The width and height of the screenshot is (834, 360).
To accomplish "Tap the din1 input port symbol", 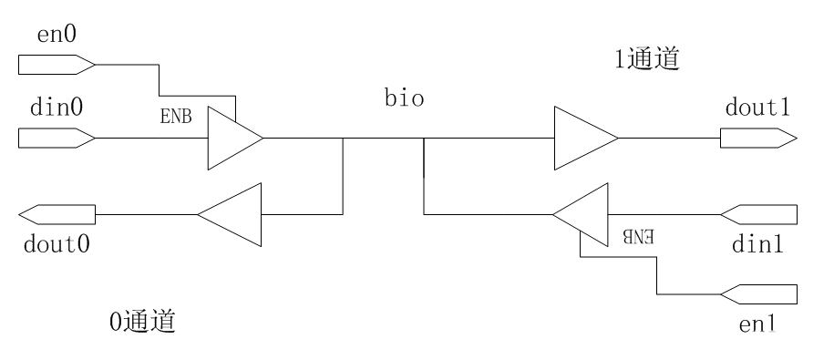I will point(758,215).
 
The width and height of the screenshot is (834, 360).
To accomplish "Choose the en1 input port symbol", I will point(758,293).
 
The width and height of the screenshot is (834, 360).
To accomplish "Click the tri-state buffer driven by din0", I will point(232,139).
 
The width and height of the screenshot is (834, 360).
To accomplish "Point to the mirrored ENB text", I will point(639,236).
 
